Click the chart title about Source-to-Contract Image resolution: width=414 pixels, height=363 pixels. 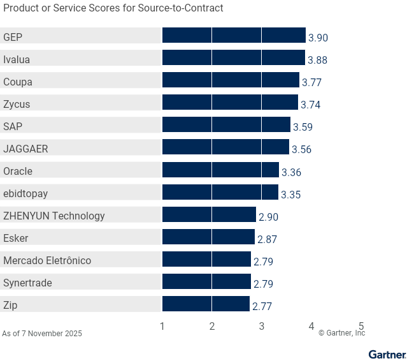tap(113, 8)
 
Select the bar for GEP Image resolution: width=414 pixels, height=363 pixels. tap(234, 36)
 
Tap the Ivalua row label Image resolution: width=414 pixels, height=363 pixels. tap(17, 59)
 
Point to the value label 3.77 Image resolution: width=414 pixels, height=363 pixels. tap(311, 82)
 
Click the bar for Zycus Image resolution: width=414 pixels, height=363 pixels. tap(230, 103)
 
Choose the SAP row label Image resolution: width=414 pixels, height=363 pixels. tap(13, 126)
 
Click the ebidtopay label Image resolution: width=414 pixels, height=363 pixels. tap(25, 193)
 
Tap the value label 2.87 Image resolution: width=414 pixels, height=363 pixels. tap(267, 239)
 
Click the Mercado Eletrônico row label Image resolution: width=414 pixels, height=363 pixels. tap(47, 260)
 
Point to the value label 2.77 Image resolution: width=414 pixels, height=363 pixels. tap(262, 306)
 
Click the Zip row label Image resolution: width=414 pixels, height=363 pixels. tap(10, 305)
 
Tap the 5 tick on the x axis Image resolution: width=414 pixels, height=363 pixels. tap(361, 326)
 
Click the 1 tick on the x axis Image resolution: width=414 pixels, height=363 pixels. tap(162, 326)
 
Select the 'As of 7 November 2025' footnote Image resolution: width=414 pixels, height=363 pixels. tap(42, 334)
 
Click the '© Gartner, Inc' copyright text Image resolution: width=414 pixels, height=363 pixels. tap(341, 333)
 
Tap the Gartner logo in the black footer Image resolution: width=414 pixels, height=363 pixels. tap(387, 354)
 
